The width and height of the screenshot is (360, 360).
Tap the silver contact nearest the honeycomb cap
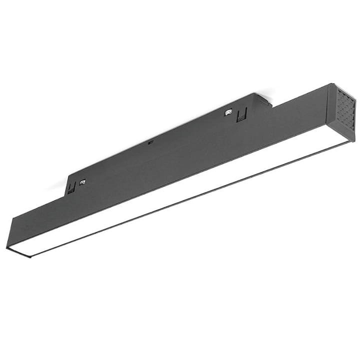coord(228,111)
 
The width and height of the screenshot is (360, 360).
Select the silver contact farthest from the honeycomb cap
coord(82,182)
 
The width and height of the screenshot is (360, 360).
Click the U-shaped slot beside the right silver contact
coord(241,115)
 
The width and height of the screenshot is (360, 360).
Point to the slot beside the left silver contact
coord(72,187)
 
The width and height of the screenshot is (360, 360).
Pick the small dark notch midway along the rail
coord(150,142)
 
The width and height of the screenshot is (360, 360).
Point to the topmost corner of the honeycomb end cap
coord(330,84)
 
